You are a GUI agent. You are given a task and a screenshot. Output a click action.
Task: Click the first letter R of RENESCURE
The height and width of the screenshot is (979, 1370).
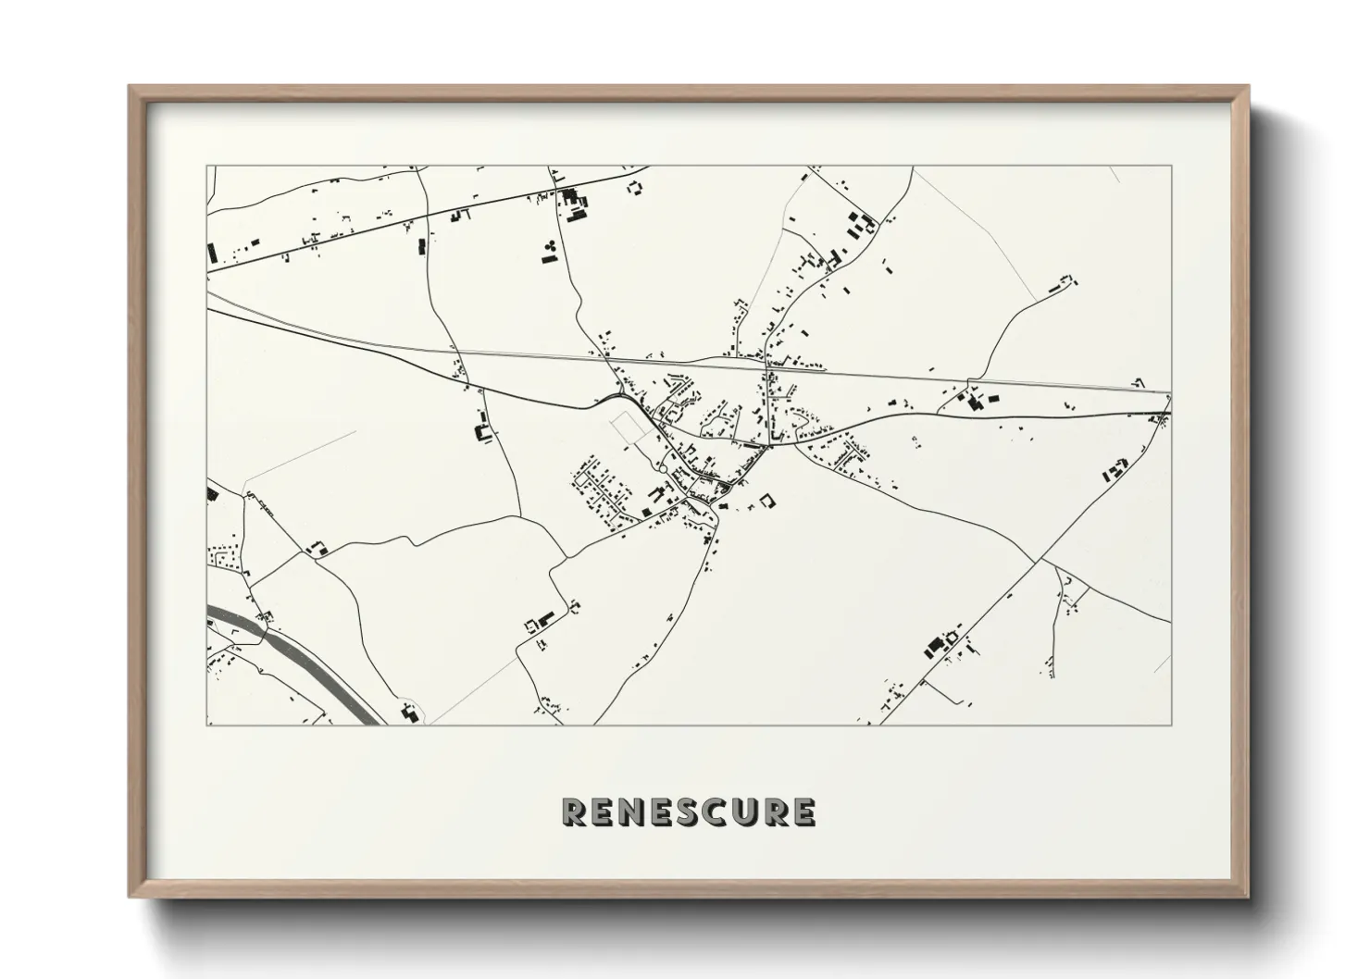pos(574,812)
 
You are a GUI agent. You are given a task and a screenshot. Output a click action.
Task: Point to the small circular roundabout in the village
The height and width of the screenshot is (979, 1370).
pos(662,472)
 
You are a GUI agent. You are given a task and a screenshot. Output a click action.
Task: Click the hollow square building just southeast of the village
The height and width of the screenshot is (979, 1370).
pos(766,501)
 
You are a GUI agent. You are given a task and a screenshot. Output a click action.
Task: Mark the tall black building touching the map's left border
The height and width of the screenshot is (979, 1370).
pos(211,253)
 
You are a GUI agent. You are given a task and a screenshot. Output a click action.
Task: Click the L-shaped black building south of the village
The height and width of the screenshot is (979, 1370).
pos(542,618)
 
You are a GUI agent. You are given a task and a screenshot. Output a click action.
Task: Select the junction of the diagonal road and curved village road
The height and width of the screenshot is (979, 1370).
pos(1041,560)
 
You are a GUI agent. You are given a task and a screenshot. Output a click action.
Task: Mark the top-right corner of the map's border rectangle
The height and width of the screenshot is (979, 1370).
pos(1171,167)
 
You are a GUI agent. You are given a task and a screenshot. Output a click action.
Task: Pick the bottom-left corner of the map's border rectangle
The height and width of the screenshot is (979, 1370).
pos(206,725)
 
